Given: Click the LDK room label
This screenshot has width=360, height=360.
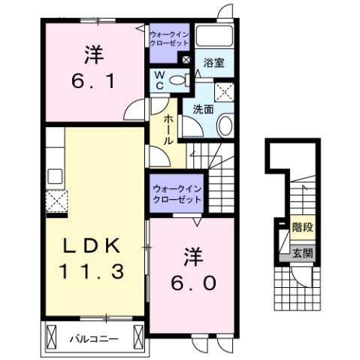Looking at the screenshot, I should click(x=89, y=244).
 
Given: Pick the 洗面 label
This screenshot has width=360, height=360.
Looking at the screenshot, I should click(x=204, y=108).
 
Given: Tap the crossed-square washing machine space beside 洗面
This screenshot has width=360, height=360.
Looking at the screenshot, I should click(x=224, y=92).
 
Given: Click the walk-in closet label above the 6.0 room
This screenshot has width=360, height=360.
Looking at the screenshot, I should click(x=175, y=195).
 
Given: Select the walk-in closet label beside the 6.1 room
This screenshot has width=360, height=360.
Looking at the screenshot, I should click(x=171, y=38).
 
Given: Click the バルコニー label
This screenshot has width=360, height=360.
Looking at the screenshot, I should click(x=93, y=340).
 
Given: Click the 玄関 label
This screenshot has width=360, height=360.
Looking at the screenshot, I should click(x=302, y=253).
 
